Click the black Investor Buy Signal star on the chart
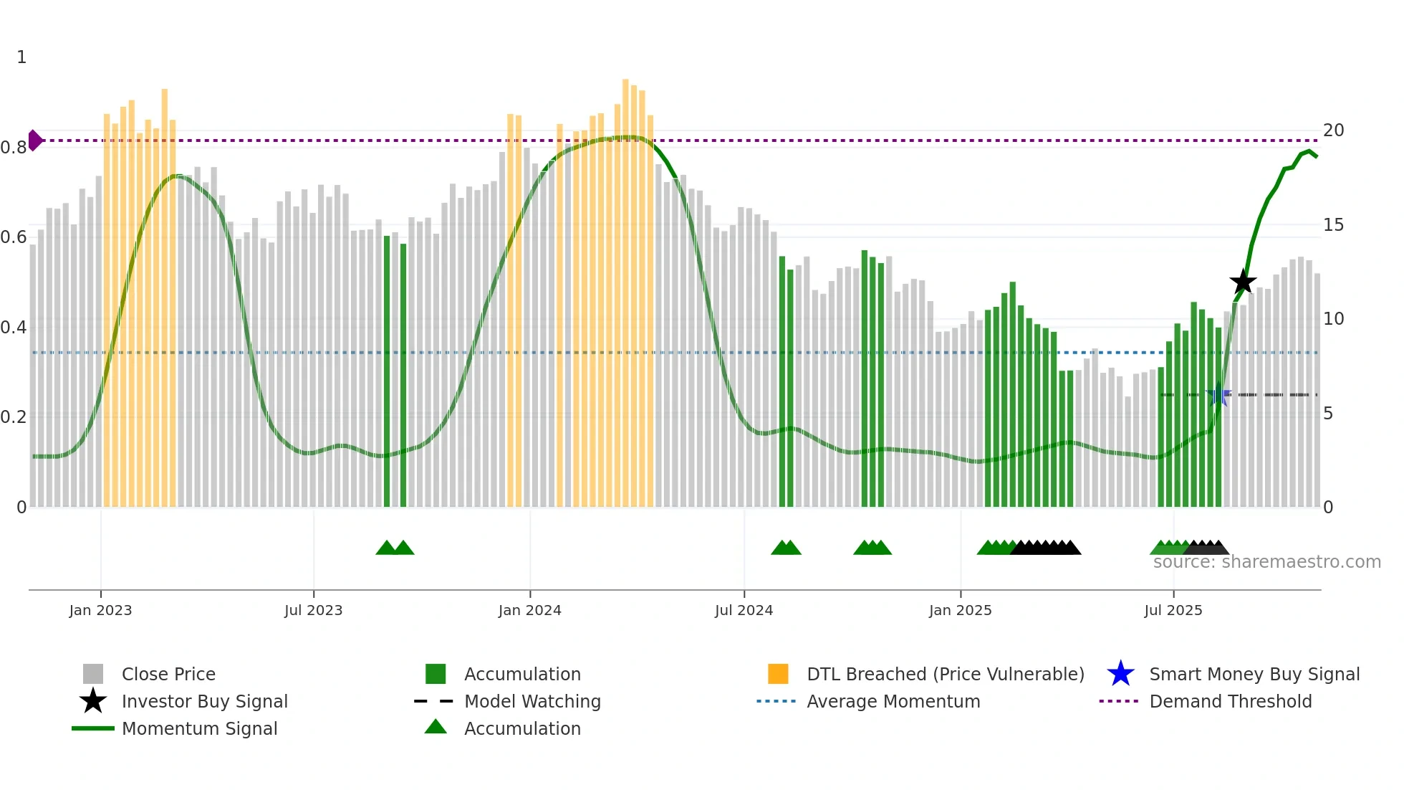tap(1243, 282)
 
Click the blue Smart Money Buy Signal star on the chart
tap(1218, 395)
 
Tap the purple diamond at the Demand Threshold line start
tap(34, 141)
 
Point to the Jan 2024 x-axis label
tap(529, 611)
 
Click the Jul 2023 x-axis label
tap(313, 611)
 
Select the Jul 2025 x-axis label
tap(1173, 611)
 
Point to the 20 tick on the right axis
tap(1333, 130)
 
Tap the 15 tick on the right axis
tap(1333, 225)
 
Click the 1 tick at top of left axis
tap(21, 57)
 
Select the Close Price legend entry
tap(168, 674)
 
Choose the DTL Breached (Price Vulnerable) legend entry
tap(945, 674)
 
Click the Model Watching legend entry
tap(532, 701)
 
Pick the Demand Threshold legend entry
tap(1230, 701)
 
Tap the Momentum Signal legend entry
tap(199, 728)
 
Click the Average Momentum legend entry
tap(893, 701)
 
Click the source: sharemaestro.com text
tap(1266, 562)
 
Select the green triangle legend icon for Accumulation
tap(436, 727)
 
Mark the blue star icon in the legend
tap(1120, 674)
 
